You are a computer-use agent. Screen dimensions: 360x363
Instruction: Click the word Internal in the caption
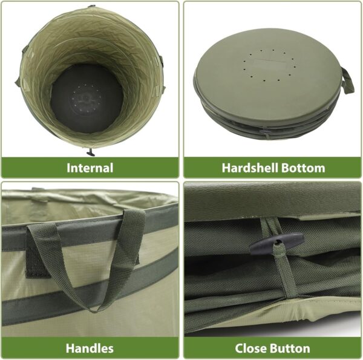[x=90, y=168]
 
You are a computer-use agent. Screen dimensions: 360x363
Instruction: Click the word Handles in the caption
[x=90, y=348]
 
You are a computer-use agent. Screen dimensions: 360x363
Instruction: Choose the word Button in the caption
[x=289, y=348]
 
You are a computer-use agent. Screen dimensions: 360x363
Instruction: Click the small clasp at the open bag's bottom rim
[x=90, y=152]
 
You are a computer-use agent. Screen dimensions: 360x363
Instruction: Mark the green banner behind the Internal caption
[x=36, y=168]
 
